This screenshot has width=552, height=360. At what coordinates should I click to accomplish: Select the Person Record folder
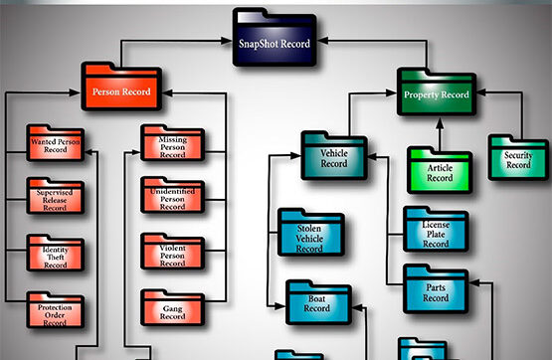click(120, 90)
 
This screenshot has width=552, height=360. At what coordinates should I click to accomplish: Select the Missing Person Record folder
click(172, 145)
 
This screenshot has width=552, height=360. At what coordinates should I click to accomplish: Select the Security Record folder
click(518, 157)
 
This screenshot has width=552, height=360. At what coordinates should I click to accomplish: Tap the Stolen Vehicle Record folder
click(310, 235)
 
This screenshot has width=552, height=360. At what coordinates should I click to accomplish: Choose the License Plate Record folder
click(435, 232)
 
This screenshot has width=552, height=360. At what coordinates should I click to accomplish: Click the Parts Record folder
click(435, 288)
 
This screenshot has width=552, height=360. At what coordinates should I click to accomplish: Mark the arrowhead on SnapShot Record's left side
click(230, 43)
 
